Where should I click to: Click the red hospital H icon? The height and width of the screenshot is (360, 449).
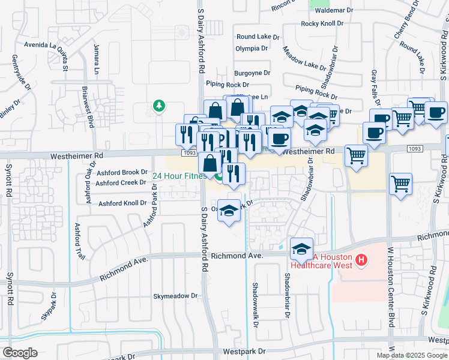(361, 260)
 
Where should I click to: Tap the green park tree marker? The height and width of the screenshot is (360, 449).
(159, 106)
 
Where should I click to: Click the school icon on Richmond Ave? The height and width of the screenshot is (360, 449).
(301, 249)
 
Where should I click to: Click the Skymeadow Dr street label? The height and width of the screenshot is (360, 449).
(175, 296)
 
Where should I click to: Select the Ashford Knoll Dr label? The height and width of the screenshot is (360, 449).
(122, 203)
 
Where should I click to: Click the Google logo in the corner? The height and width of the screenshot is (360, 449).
(20, 353)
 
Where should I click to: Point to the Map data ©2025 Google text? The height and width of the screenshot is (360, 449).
(412, 355)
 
